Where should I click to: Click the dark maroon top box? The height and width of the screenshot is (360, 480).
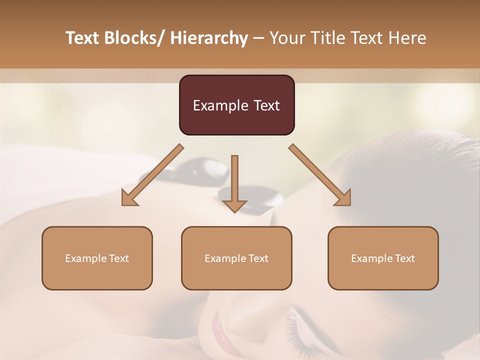236,105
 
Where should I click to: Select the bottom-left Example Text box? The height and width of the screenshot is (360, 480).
97,258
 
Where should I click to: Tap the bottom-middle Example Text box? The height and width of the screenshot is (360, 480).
236,258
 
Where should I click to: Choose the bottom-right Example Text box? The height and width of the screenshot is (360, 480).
383,258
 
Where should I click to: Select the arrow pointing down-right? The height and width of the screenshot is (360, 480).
320,175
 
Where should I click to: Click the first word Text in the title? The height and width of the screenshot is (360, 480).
82,38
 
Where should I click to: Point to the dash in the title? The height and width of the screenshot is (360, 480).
258,38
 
